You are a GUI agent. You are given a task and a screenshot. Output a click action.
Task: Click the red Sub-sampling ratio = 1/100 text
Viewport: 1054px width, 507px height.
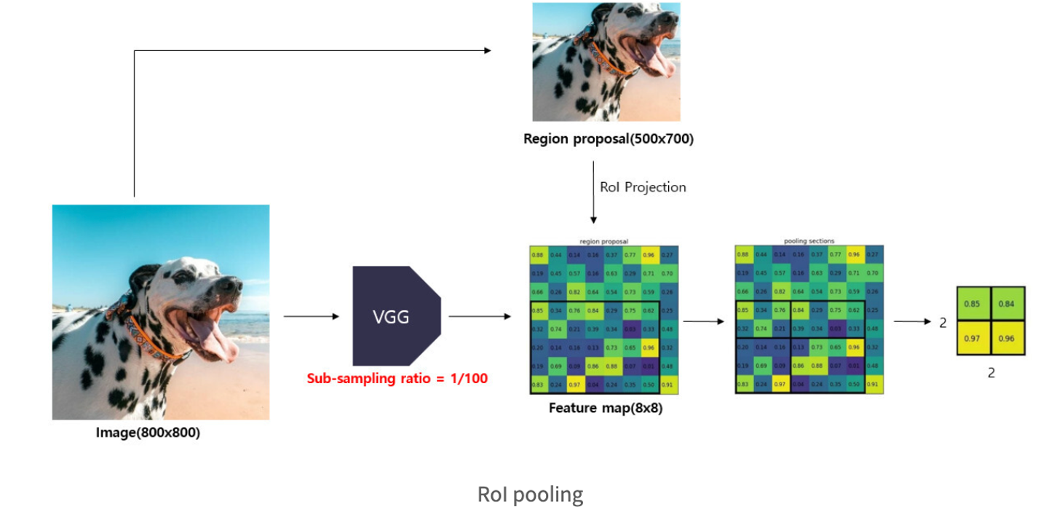(397, 378)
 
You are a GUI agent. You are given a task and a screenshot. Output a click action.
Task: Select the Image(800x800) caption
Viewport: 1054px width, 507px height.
(148, 433)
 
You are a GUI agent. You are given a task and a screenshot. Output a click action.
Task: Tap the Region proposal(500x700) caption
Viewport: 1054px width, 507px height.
(608, 138)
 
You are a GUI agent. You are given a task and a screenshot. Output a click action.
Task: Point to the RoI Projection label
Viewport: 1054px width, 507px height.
(643, 187)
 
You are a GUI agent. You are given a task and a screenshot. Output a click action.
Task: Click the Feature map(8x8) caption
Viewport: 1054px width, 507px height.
(606, 408)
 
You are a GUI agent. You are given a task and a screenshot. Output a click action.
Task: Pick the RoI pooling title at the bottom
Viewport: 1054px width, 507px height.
(530, 495)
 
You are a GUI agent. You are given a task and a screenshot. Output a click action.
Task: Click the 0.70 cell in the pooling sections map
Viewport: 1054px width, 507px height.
(874, 272)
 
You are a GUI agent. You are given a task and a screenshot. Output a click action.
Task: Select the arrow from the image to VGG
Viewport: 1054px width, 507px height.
(312, 316)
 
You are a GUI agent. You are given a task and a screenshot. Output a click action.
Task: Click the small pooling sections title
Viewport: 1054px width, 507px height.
(809, 241)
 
